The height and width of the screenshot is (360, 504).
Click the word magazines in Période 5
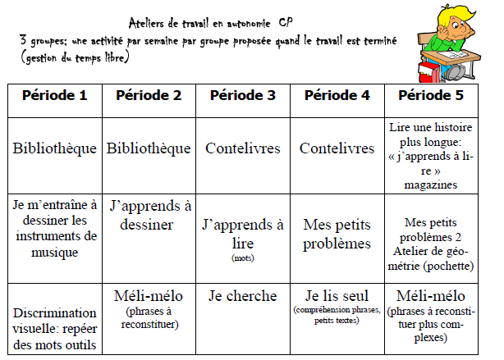(x=431, y=185)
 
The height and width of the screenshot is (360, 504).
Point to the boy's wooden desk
(x=456, y=56)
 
